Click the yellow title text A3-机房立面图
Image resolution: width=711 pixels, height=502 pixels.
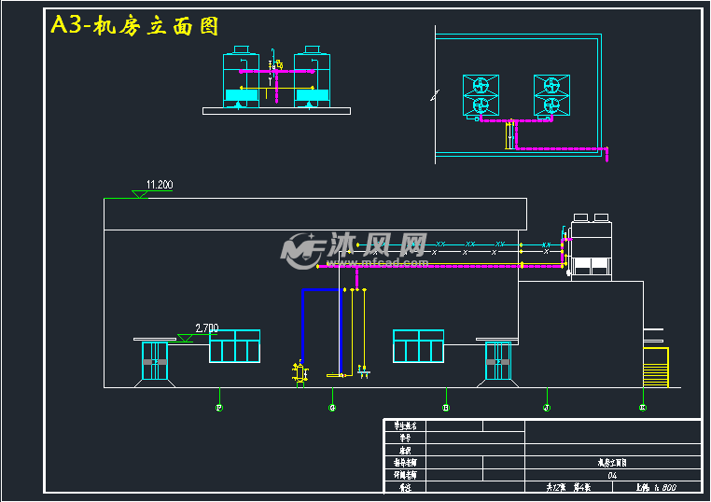(135, 26)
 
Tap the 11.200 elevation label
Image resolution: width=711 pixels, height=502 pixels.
(160, 185)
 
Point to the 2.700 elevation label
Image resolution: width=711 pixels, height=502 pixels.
(206, 328)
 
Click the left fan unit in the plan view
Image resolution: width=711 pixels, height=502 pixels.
(481, 96)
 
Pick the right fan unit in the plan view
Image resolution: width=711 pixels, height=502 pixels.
(551, 96)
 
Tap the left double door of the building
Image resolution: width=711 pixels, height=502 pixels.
(154, 360)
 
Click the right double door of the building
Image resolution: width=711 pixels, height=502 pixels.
(498, 360)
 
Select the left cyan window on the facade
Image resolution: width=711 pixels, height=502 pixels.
(234, 346)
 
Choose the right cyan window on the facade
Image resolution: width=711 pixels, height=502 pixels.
(419, 346)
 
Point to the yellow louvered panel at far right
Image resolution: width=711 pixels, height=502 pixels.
(656, 367)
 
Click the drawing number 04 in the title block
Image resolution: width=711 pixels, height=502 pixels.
(611, 475)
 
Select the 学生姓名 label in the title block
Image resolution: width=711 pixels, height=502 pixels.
(404, 425)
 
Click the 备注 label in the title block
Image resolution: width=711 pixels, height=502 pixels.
(404, 487)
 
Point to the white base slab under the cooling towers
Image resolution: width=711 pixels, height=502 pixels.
(276, 111)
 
